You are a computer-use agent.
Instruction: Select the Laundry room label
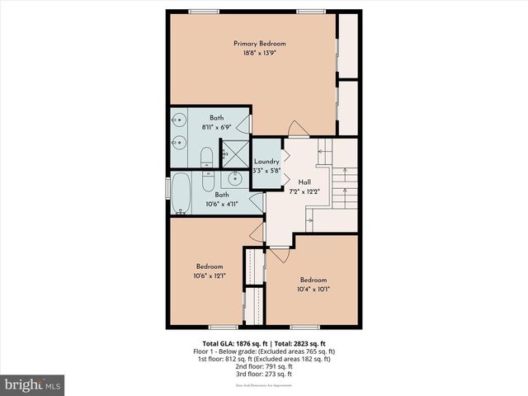266,161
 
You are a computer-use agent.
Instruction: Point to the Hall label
304,181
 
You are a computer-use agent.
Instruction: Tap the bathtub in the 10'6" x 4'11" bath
181,192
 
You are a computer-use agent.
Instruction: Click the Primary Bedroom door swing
297,129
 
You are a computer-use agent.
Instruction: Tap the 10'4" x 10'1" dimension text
313,289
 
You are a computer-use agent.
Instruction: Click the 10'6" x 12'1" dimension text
210,276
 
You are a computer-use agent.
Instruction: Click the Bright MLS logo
33,384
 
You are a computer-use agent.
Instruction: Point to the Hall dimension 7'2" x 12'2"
304,191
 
